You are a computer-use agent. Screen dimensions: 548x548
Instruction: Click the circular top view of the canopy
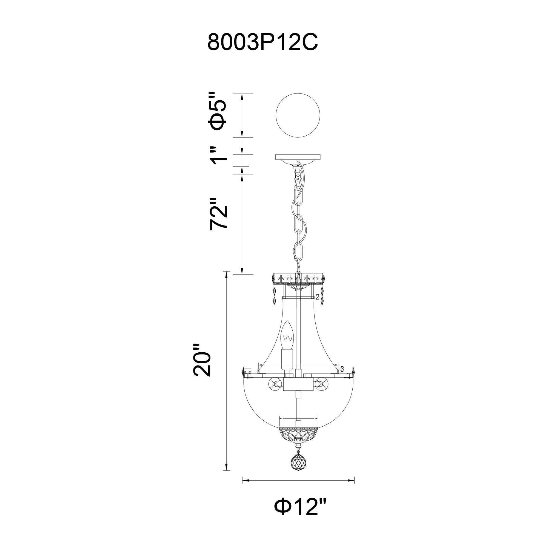pyautogui.click(x=298, y=115)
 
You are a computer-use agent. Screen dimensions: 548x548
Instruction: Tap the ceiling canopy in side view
pyautogui.click(x=298, y=160)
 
